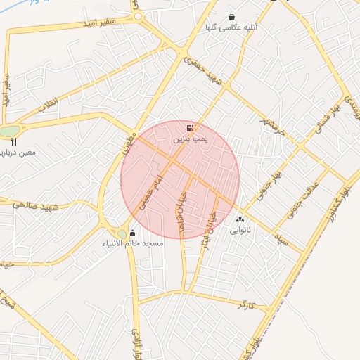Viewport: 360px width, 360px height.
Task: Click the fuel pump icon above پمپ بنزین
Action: pyautogui.click(x=190, y=128)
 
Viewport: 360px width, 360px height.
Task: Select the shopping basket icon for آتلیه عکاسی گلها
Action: pyautogui.click(x=231, y=18)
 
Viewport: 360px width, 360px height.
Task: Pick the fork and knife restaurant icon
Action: pyautogui.click(x=13, y=141)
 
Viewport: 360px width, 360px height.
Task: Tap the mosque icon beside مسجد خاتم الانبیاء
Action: pyautogui.click(x=133, y=233)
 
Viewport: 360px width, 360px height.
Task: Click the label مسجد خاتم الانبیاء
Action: pyautogui.click(x=134, y=244)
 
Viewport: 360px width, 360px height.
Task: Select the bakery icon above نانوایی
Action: pyautogui.click(x=240, y=219)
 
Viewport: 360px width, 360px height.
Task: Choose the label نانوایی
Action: pyautogui.click(x=240, y=230)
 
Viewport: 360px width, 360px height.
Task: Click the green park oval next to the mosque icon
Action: pyautogui.click(x=121, y=233)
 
